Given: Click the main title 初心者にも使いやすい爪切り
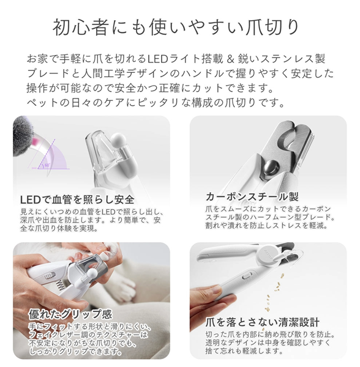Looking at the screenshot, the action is click(176, 28).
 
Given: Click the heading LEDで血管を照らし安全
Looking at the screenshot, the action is click(77, 199).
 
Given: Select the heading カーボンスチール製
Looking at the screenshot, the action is click(252, 196).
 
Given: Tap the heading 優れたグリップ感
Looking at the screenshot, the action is click(70, 314).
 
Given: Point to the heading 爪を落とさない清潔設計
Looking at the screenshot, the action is click(262, 322).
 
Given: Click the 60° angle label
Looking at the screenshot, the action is click(47, 165).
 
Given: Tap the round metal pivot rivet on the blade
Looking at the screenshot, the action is click(271, 168).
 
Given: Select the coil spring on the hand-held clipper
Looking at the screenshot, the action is click(61, 286).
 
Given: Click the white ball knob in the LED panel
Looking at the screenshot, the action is click(119, 140).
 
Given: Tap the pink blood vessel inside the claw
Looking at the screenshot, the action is click(36, 141).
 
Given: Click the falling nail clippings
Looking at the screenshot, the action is click(274, 292).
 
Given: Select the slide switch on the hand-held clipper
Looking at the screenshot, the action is click(50, 276).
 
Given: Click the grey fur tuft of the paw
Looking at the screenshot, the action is click(23, 136).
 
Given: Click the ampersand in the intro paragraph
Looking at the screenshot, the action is click(230, 59).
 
